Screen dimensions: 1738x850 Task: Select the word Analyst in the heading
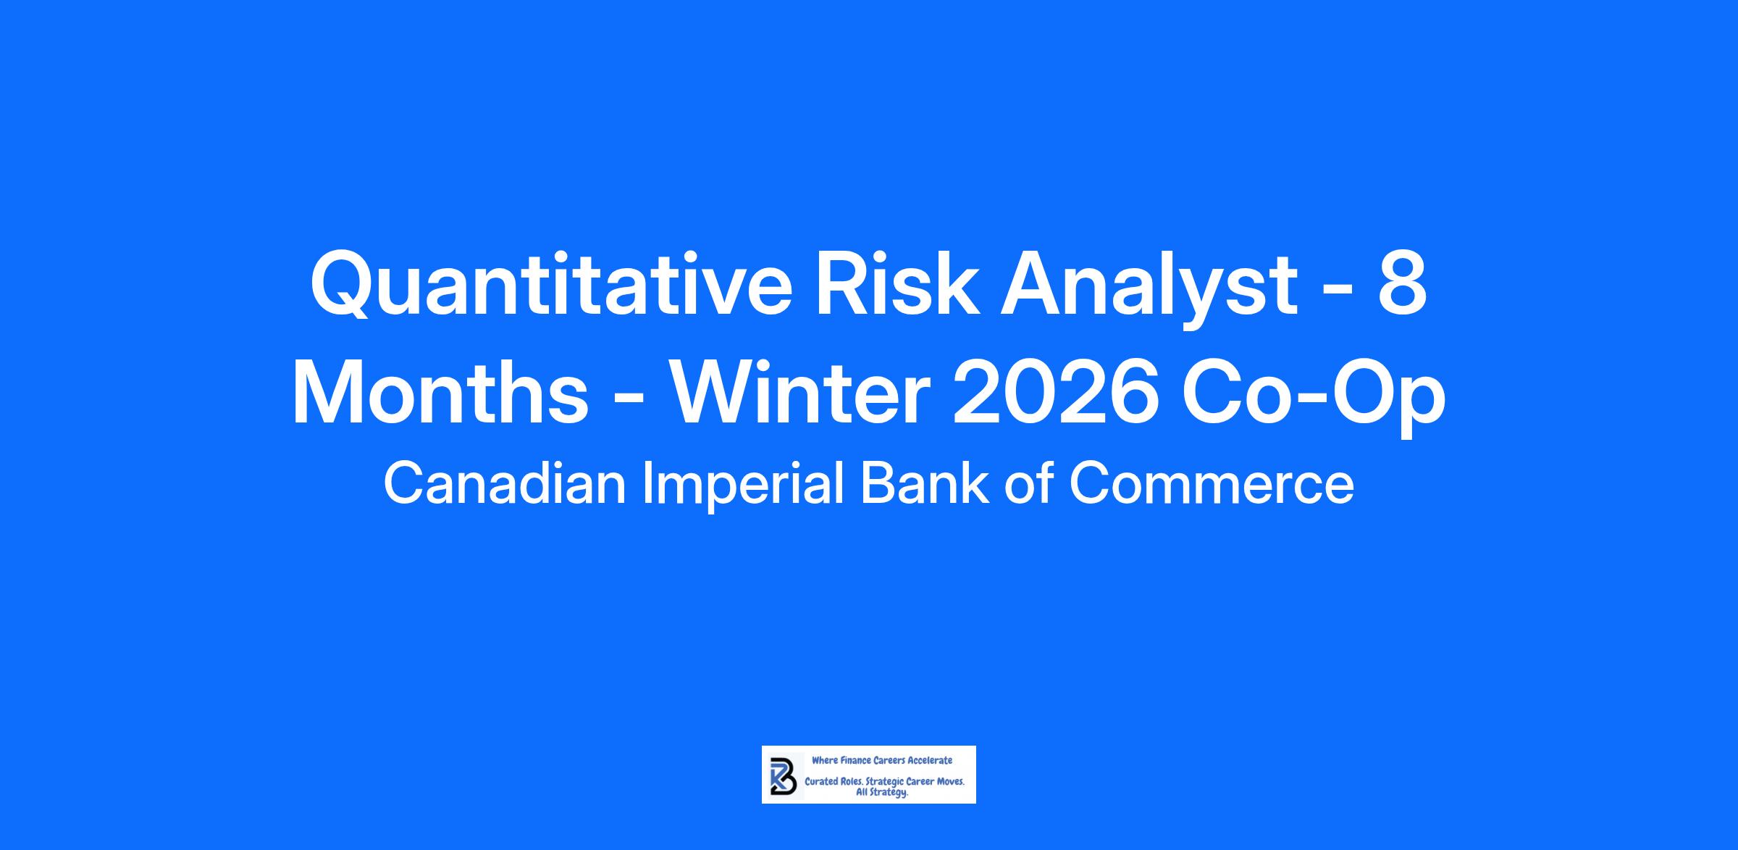[x=1149, y=287]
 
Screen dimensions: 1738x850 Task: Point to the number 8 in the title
[x=1403, y=284]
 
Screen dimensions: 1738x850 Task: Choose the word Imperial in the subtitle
[x=744, y=486]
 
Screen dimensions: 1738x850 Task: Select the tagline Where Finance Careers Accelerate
[x=882, y=760]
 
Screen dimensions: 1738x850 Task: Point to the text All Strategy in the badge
[x=882, y=793]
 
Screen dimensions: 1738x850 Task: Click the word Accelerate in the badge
[x=930, y=760]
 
